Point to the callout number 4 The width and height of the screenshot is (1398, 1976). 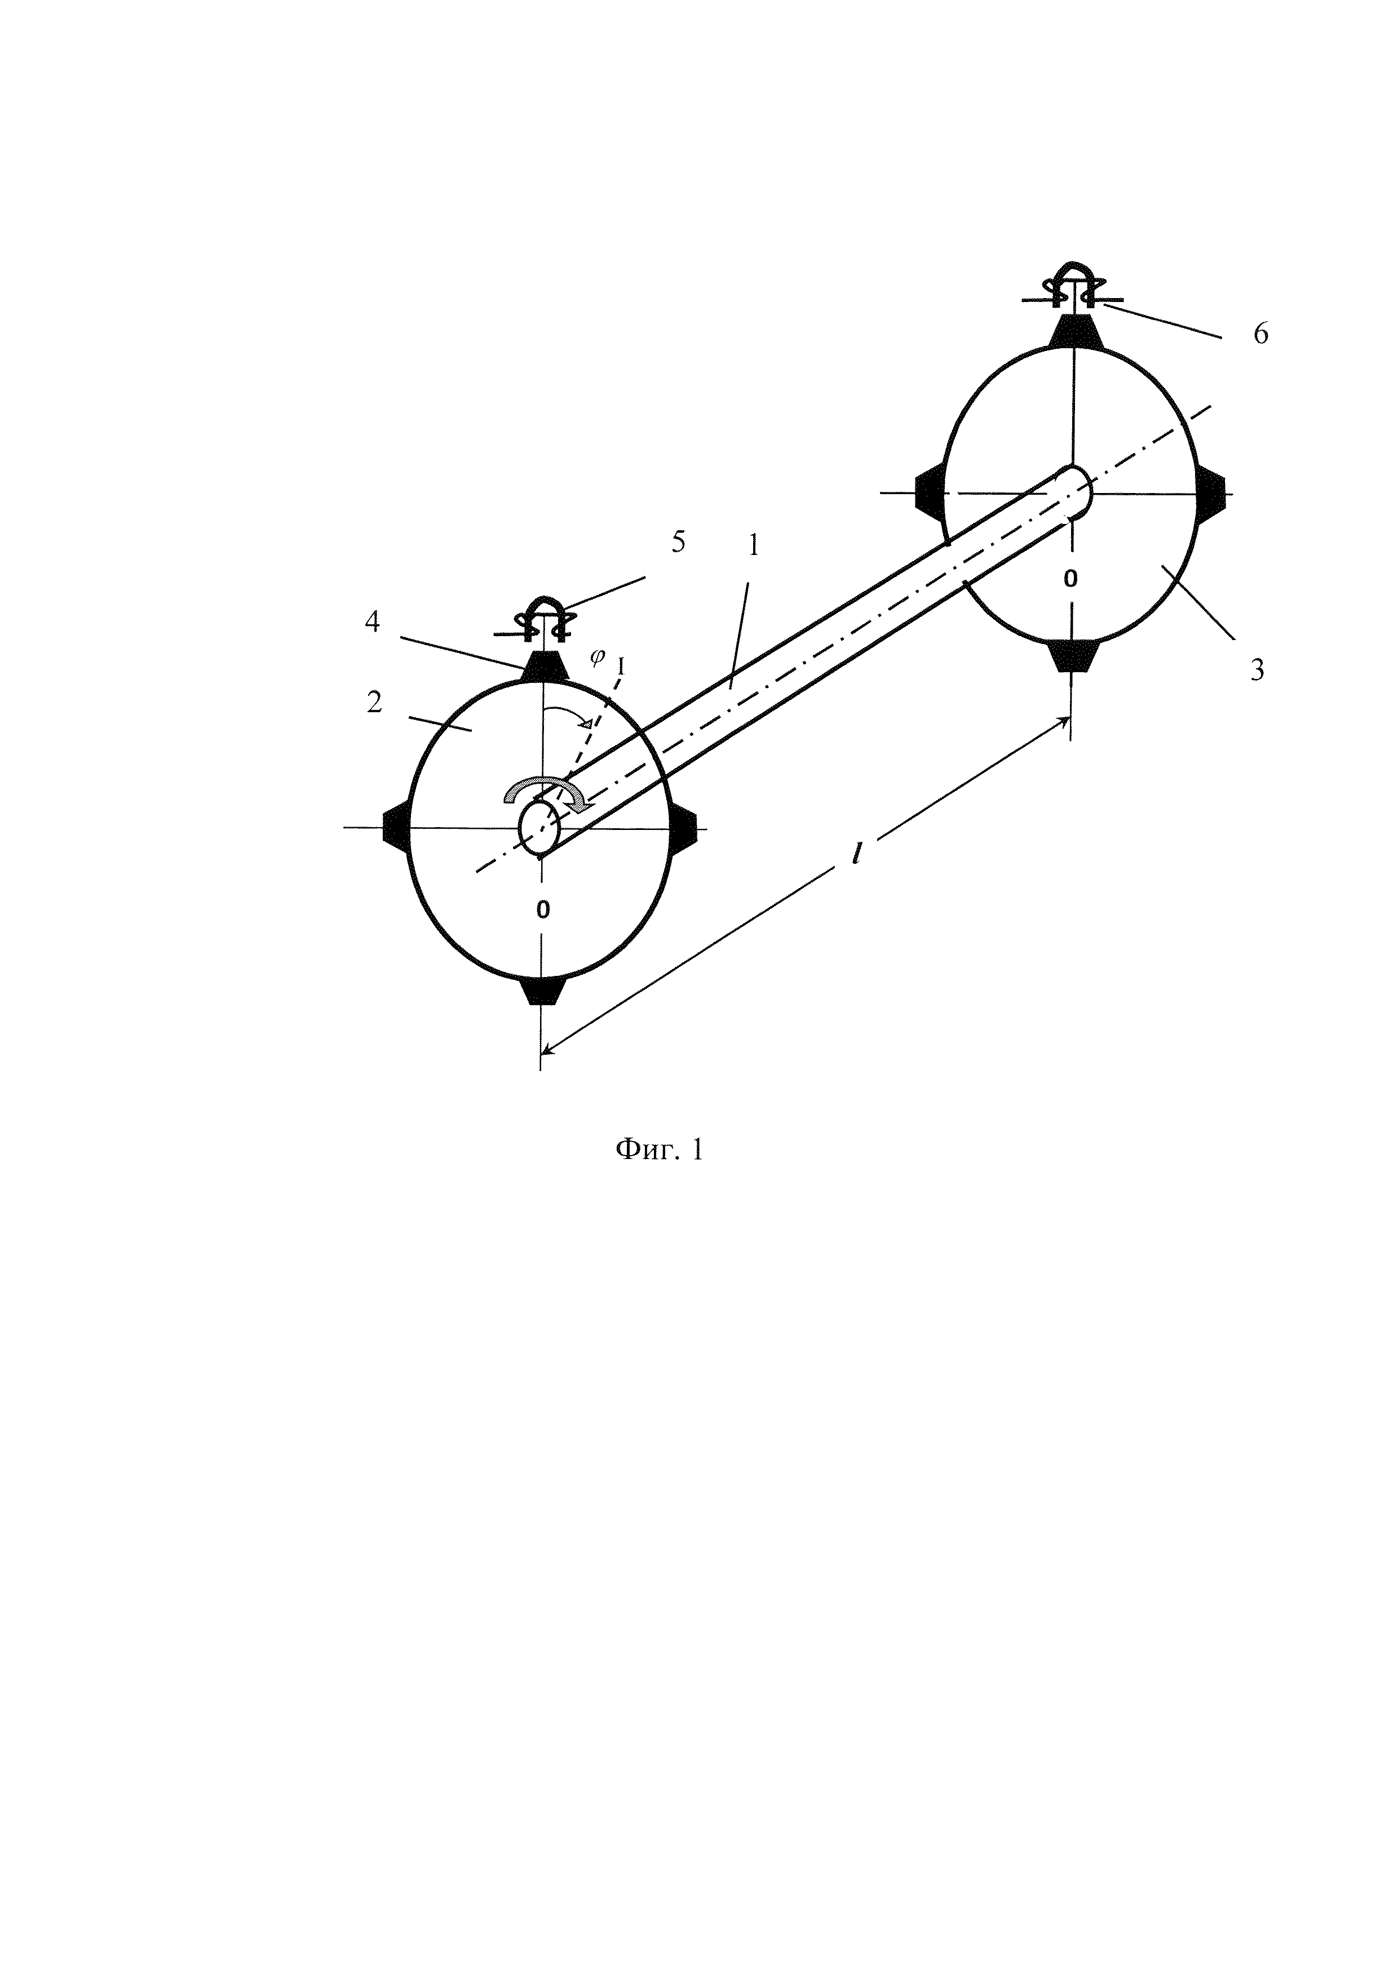(x=372, y=621)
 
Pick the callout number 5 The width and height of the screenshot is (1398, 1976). (x=678, y=543)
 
